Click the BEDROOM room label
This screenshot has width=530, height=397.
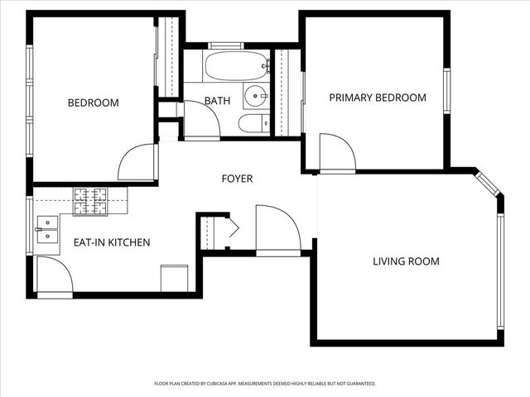[x=93, y=103]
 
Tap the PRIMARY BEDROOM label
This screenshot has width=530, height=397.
[x=378, y=98]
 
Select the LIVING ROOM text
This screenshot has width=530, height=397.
[x=406, y=261]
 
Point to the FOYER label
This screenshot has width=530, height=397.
[x=237, y=179]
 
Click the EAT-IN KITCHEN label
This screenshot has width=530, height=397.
[x=112, y=242]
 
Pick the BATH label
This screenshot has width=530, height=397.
[x=217, y=101]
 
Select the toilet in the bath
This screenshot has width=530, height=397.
[x=251, y=124]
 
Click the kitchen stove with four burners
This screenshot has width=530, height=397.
[x=90, y=201]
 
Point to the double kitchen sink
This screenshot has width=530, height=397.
[x=47, y=229]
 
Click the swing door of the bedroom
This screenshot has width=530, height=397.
[x=137, y=163]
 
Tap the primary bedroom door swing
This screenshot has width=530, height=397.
[x=336, y=153]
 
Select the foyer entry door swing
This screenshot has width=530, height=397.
[x=277, y=232]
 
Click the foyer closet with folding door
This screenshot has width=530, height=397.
[x=217, y=231]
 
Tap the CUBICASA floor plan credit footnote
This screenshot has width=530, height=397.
[x=265, y=384]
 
